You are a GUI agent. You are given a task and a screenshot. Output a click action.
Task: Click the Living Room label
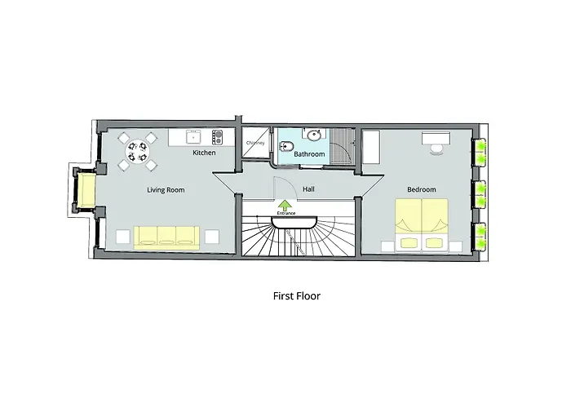click(166, 190)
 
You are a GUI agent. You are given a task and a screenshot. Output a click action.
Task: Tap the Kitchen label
click(204, 153)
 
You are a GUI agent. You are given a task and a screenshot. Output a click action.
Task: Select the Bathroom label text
click(309, 154)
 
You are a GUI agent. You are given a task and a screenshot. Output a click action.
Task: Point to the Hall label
click(308, 189)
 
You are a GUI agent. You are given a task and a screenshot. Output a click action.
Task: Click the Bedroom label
click(422, 189)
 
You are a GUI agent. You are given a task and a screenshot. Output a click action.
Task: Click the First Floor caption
click(297, 295)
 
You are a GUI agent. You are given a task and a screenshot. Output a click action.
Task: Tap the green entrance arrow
click(285, 205)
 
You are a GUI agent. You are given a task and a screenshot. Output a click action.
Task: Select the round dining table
click(137, 151)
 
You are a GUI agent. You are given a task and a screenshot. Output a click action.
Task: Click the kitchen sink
click(193, 137)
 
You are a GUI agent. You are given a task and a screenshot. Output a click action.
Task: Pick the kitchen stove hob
click(218, 137)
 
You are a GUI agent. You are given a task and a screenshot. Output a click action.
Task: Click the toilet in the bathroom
click(287, 146)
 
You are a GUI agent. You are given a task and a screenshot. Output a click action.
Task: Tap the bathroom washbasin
click(313, 135)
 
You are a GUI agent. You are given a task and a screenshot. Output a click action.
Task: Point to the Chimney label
click(255, 143)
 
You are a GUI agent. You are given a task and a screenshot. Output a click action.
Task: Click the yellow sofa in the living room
click(166, 238)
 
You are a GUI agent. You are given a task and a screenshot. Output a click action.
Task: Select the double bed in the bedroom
click(422, 224)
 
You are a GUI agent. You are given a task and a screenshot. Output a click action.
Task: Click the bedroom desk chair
click(436, 149)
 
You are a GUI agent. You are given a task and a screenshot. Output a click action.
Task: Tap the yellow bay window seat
click(86, 190)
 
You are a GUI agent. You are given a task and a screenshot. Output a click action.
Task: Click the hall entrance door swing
click(285, 188)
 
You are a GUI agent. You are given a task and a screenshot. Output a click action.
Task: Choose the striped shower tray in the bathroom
click(343, 146)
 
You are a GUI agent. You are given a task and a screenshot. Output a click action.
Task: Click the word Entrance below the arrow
click(286, 213)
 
